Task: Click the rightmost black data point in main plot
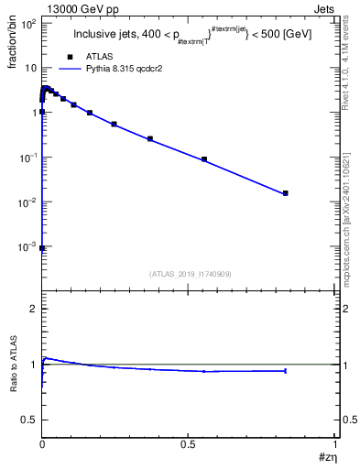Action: [x=286, y=193]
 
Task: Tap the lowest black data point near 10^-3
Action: [x=42, y=247]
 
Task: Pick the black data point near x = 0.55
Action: [x=204, y=159]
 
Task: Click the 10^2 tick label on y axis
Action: [x=27, y=24]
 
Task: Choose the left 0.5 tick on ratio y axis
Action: [x=28, y=419]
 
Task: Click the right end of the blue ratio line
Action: [x=286, y=371]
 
